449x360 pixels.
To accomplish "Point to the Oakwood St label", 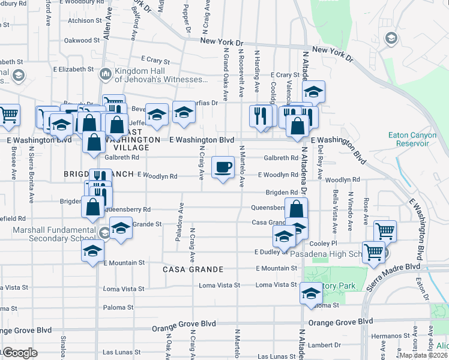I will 82,40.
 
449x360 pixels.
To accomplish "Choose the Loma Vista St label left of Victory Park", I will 277,284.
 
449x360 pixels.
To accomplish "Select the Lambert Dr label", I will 324,345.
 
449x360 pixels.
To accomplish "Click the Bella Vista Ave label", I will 335,210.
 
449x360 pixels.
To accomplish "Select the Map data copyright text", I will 424,355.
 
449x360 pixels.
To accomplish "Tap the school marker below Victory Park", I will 311,293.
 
